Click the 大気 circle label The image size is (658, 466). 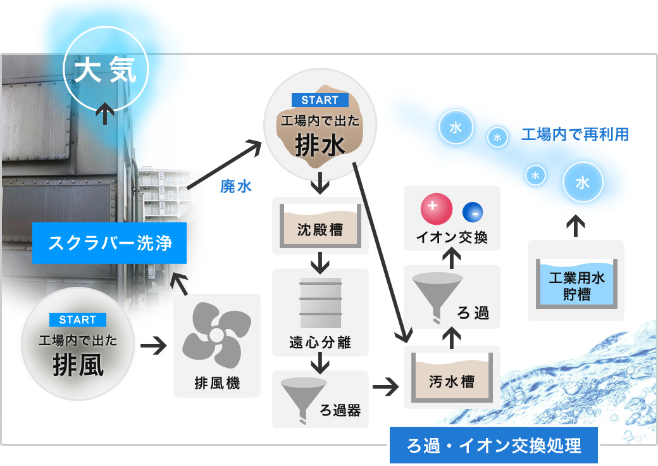(x=106, y=71)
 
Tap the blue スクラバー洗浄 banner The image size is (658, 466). (x=111, y=243)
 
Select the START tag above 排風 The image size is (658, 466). (x=77, y=320)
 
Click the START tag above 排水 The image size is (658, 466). (x=320, y=100)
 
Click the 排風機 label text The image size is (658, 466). (x=217, y=384)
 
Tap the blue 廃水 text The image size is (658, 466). (x=236, y=186)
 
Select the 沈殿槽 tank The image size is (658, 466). (x=320, y=226)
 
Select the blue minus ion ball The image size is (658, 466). (x=473, y=211)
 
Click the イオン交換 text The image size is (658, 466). (x=452, y=238)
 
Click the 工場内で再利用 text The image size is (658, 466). (x=574, y=135)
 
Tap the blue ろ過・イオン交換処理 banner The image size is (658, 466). (x=493, y=446)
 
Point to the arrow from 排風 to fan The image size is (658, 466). (x=153, y=346)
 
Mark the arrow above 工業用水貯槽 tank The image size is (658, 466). (x=575, y=226)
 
